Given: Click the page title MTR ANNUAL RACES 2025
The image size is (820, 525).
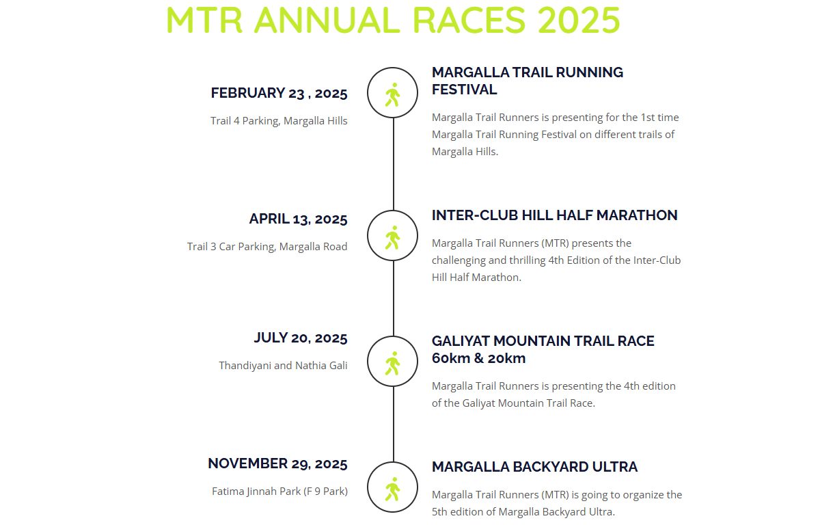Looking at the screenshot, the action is coord(393,20).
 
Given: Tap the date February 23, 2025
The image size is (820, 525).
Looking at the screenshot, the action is coord(279,93).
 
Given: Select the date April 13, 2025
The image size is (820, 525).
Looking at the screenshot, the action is coord(298,219).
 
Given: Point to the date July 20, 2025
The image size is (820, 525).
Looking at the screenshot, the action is coord(301,338).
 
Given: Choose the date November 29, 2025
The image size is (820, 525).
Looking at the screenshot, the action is coord(277,463).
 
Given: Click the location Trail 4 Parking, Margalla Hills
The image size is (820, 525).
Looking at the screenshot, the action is coord(279,120).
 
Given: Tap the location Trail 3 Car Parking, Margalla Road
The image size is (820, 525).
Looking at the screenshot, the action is coord(267,246).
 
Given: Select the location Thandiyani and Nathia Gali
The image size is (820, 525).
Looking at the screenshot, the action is coord(283,365).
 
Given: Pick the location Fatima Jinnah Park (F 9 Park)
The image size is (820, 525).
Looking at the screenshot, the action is coord(279,491).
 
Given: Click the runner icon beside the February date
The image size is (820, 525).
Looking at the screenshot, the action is coord(392,95).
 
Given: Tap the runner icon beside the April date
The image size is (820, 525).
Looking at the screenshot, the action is coord(392,238).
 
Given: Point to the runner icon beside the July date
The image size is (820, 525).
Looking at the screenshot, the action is coord(392,364).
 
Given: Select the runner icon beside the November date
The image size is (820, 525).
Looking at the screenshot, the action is coord(392,489).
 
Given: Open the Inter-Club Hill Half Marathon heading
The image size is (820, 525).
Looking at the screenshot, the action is coord(555,215).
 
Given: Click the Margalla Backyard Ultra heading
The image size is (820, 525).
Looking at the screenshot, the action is coord(535,467).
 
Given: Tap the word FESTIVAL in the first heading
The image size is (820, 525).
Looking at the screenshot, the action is coord(464,90).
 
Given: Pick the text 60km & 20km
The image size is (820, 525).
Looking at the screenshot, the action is coord(478,358).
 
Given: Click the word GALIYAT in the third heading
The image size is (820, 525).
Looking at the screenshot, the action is coord(461,341).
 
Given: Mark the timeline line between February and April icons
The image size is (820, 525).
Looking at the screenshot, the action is coord(394,164).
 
